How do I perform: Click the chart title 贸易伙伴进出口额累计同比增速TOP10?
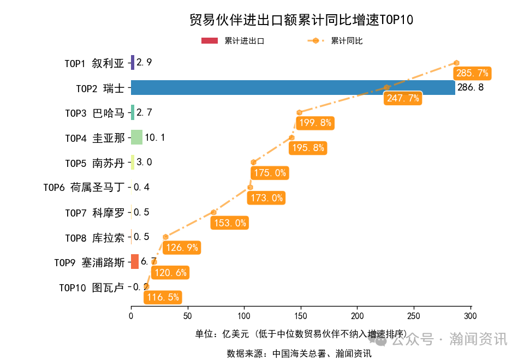301,20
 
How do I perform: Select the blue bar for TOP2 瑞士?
293,87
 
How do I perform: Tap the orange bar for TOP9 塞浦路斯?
135,262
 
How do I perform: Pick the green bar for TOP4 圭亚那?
136,137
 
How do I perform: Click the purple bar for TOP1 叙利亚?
133,63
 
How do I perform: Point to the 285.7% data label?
472,73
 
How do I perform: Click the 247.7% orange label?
403,98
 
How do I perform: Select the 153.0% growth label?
229,223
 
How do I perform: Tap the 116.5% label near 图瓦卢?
163,297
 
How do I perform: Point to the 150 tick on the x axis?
301,316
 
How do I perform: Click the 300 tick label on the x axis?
471,316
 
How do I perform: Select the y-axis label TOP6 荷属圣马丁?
84,188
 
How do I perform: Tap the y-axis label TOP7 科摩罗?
94,213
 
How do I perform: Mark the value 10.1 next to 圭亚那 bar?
155,137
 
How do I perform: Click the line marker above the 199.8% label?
299,112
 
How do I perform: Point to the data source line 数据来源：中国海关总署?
299,353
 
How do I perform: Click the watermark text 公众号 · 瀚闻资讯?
449,339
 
